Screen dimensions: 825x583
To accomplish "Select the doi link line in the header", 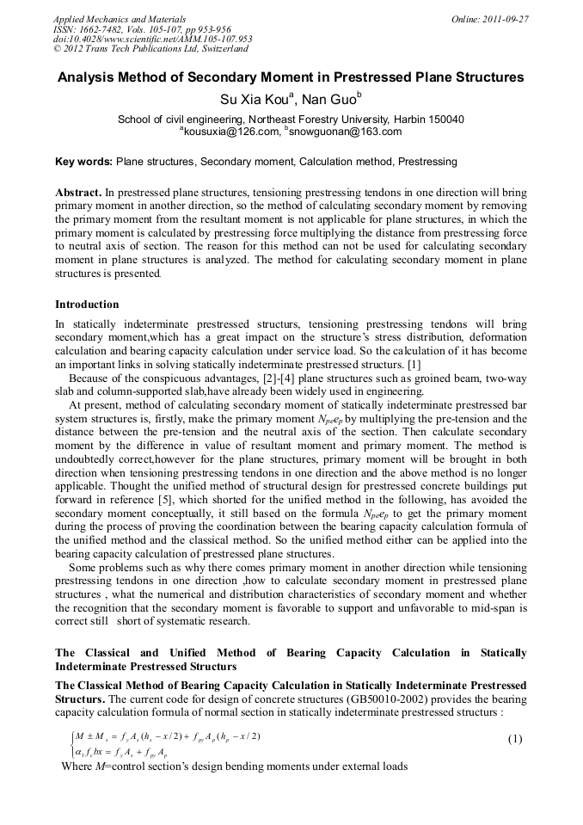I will pos(152,39).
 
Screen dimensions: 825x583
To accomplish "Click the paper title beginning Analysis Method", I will pos(291,77).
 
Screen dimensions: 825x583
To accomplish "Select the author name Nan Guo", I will pos(328,99).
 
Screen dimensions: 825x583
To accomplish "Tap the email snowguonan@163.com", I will pos(346,132).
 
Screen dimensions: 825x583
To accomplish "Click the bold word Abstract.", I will pos(79,193).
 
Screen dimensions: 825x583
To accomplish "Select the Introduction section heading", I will pos(87,305).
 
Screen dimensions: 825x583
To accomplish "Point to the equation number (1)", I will pos(515,740).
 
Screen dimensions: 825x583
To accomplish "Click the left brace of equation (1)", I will pos(68,745).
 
